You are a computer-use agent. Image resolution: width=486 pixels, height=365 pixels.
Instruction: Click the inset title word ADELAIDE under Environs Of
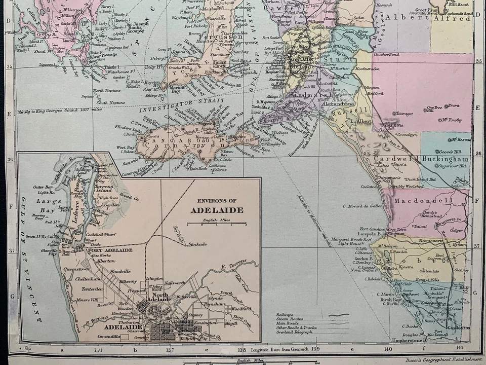[217, 210]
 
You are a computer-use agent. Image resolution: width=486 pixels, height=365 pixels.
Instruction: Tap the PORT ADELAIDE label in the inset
[110, 250]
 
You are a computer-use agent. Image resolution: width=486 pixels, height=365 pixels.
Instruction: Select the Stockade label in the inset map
[197, 244]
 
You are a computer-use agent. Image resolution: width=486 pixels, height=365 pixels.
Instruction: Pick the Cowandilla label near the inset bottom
[110, 336]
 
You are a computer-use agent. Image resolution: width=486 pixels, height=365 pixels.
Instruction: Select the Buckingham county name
[447, 159]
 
